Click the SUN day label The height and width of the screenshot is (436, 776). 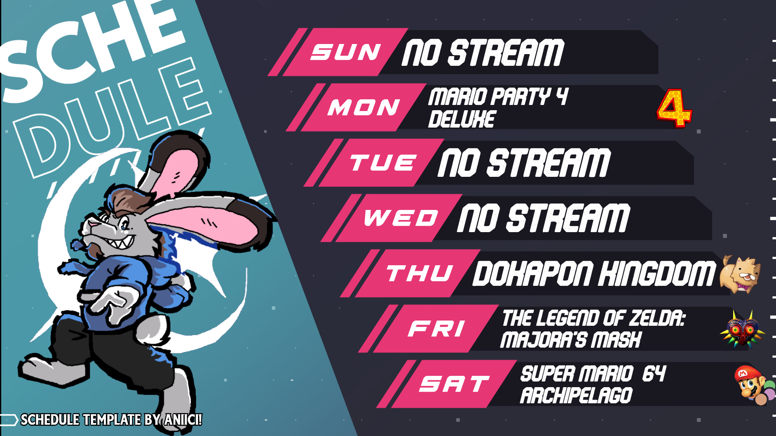345,52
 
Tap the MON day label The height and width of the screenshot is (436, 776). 363,107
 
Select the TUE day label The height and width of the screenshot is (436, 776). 383,163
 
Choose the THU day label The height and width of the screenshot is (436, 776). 420,273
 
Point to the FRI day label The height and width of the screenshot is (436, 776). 436,329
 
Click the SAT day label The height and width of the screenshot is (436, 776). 454,384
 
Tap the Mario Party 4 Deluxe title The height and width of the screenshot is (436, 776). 498,108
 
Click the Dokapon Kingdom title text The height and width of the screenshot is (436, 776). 594,273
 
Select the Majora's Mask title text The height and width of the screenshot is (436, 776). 593,329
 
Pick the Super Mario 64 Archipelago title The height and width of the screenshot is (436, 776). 593,384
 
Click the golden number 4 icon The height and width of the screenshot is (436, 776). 674,108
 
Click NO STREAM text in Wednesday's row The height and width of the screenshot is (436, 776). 543,218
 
